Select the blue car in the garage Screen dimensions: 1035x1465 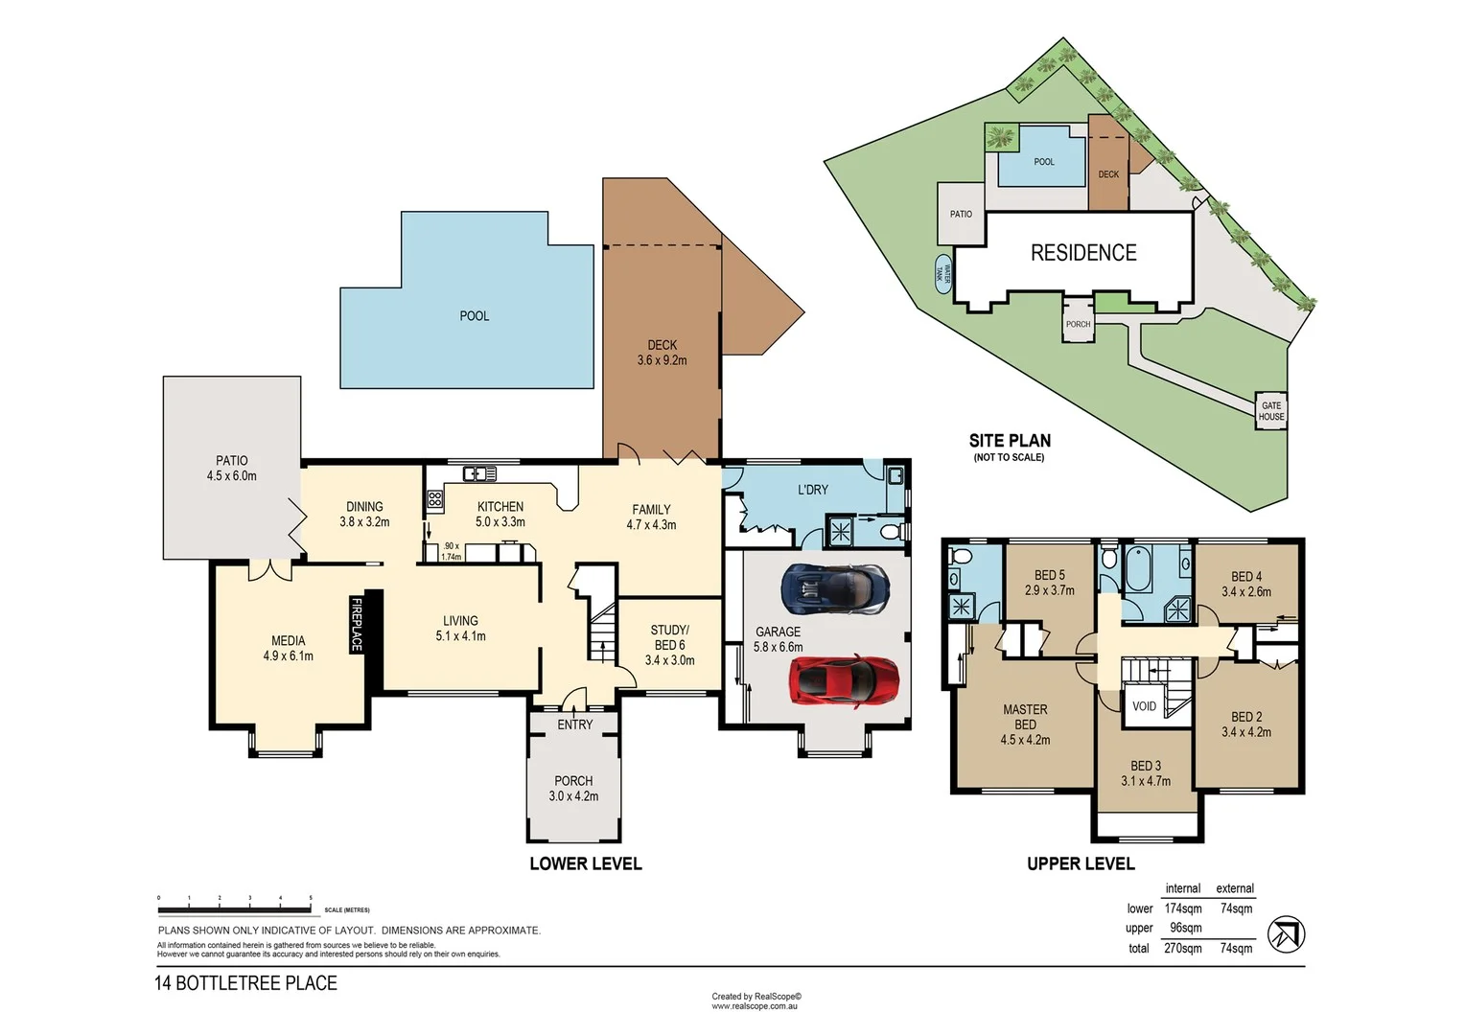(834, 589)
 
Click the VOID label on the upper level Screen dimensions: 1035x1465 (1144, 706)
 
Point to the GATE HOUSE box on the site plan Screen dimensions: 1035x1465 (1271, 411)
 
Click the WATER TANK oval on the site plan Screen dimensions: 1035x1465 (942, 273)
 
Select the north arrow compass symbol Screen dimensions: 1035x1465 (1286, 934)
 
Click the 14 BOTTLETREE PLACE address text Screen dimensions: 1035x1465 (246, 983)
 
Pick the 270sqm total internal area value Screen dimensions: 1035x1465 (1182, 949)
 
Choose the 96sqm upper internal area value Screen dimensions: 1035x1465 (1185, 928)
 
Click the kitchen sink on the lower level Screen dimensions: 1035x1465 (479, 473)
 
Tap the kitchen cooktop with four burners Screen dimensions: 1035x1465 (435, 499)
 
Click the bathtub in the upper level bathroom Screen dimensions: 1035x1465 (1138, 569)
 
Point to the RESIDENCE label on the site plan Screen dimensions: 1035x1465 (1083, 253)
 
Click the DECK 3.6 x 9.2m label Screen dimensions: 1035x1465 (662, 353)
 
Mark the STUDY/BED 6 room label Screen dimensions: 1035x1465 (669, 645)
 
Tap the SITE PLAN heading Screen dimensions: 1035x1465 (1010, 441)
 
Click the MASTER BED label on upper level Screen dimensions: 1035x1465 (1025, 724)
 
